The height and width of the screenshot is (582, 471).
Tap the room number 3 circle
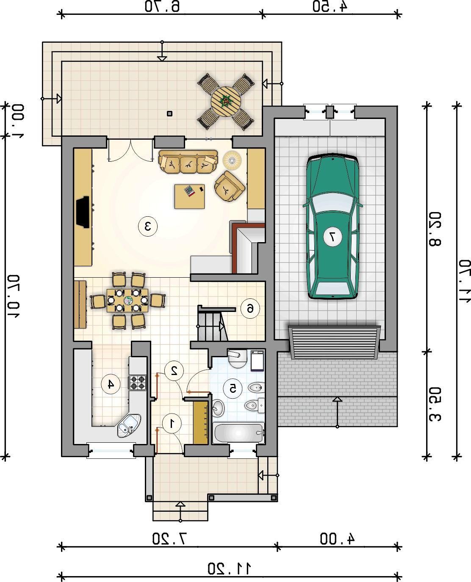[x=148, y=226]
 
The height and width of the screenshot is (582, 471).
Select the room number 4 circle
[x=111, y=384]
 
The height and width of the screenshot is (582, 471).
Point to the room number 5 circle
[x=233, y=388]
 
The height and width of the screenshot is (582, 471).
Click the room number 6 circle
[x=250, y=309]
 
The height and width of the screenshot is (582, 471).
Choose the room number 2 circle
[x=174, y=370]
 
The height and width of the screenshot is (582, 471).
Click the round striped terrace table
[x=226, y=102]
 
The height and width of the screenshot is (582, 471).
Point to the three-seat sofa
[x=188, y=162]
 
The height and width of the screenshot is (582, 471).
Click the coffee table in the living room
[x=189, y=196]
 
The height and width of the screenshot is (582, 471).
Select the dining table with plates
[x=127, y=301]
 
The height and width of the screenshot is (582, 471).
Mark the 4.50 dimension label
[x=330, y=6]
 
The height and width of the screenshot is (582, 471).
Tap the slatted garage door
[x=334, y=342]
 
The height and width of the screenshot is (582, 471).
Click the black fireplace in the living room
[x=83, y=212]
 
